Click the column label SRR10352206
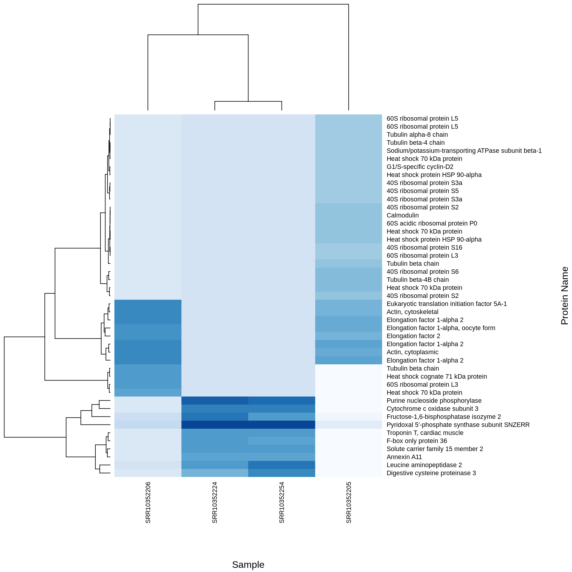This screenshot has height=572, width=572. tap(148, 502)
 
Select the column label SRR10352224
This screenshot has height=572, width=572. tap(215, 502)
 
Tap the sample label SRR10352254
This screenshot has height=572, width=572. tap(282, 502)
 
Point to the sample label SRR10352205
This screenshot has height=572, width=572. tap(349, 502)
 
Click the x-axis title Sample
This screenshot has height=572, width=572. tap(248, 565)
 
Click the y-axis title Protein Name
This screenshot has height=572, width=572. tap(564, 296)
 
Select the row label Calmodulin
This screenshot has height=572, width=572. tap(402, 215)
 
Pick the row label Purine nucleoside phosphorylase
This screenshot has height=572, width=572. tap(434, 401)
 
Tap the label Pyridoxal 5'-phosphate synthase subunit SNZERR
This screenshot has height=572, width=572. tap(458, 425)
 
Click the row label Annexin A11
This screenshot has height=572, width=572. tap(404, 457)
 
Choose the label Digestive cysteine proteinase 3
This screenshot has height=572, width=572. tap(431, 473)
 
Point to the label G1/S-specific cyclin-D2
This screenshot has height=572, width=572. tap(420, 167)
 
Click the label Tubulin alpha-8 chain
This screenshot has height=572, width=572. tap(417, 135)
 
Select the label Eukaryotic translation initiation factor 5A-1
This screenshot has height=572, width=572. tap(447, 304)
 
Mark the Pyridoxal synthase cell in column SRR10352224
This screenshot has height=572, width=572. tap(215, 425)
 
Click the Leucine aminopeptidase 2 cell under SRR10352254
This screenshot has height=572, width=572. tap(282, 465)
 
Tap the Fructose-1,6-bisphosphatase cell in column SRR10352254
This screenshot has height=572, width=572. tap(282, 417)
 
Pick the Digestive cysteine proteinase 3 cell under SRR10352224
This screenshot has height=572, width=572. tap(215, 473)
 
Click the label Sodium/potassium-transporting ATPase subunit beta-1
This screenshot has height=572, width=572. tap(464, 151)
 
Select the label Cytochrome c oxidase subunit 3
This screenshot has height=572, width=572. tap(432, 409)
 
